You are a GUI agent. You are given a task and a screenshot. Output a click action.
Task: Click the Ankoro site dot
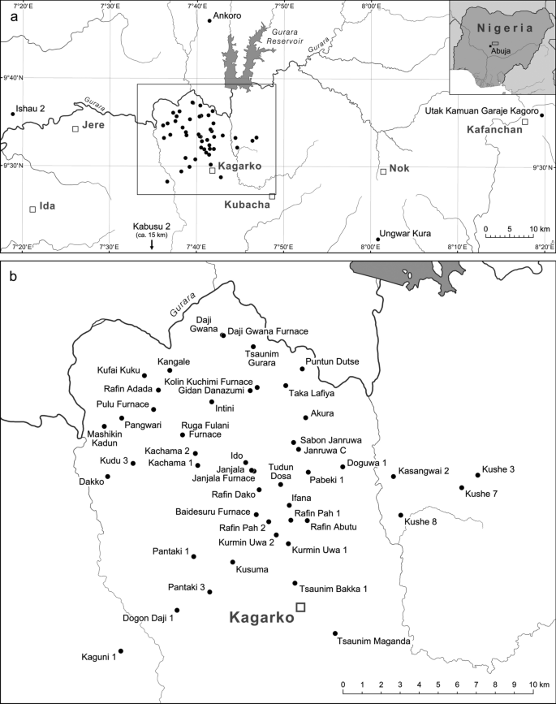pos(209,20)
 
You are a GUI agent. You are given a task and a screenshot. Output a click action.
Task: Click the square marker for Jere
pos(75,129)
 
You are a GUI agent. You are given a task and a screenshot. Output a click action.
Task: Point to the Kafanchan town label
pos(494,130)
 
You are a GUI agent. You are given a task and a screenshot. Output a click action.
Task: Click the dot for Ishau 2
pos(13,114)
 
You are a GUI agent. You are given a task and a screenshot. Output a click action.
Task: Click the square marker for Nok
pos(383,171)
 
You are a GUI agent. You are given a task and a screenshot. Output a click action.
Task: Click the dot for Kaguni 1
pos(121,650)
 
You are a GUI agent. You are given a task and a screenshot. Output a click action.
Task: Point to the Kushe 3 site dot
pos(477,475)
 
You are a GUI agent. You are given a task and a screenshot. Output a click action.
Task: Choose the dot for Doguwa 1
pos(343,467)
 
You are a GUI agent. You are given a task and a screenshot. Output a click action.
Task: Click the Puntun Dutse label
pos(332,361)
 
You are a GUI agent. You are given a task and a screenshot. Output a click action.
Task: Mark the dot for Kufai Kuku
pos(144,376)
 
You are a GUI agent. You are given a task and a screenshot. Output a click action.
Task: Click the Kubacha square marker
pos(273,196)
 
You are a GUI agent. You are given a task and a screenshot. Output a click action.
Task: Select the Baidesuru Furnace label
pos(212,512)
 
